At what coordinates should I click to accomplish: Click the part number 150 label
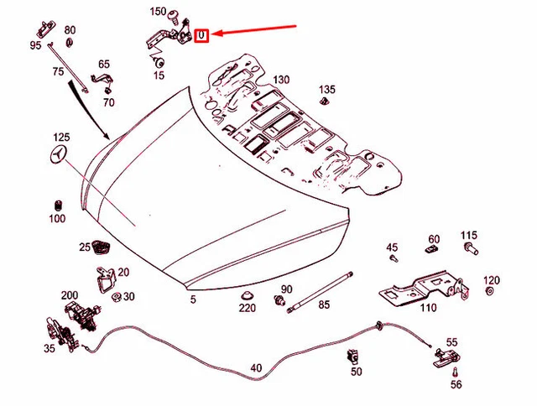tap(158, 12)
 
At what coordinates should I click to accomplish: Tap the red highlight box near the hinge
tap(201, 35)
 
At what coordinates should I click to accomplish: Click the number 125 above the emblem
tap(62, 136)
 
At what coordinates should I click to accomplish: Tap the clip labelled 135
tap(324, 104)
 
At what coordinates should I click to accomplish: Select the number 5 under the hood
tap(192, 299)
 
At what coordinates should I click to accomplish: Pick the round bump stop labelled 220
tap(247, 295)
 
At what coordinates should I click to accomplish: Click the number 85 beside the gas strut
tap(324, 305)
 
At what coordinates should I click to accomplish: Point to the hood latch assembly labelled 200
tap(82, 315)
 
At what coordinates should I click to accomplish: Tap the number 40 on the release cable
tap(256, 367)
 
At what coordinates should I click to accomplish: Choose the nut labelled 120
tap(491, 293)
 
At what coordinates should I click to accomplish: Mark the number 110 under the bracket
tap(428, 308)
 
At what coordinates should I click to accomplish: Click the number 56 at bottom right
tap(456, 384)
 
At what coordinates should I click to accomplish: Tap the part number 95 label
tap(35, 45)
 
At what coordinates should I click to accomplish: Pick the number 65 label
tap(103, 65)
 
